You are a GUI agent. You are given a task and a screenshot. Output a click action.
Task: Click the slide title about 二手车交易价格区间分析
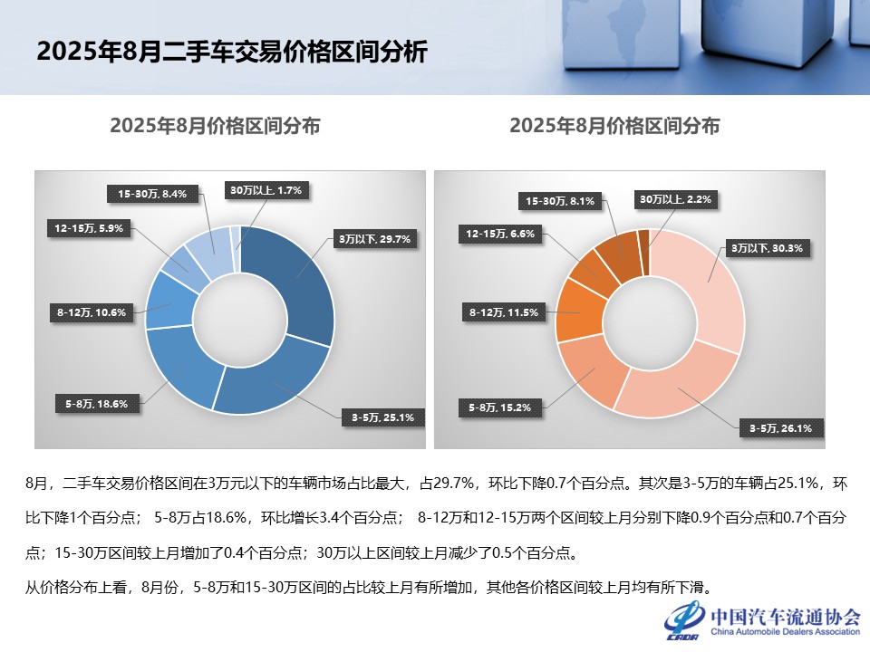[x=231, y=52]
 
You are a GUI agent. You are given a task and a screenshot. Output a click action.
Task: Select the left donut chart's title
[x=215, y=126]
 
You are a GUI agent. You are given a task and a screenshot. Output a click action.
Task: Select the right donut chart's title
[x=614, y=126]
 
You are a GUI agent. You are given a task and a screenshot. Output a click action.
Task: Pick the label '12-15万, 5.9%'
[x=89, y=229]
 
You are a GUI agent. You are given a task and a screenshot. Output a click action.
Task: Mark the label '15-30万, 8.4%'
[x=152, y=193]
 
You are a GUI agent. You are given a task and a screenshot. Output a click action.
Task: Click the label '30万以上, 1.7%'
[x=266, y=190]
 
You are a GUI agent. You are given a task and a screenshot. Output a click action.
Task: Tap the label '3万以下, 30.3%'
[x=767, y=247]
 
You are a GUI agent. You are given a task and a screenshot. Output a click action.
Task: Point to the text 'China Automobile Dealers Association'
[x=784, y=631]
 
